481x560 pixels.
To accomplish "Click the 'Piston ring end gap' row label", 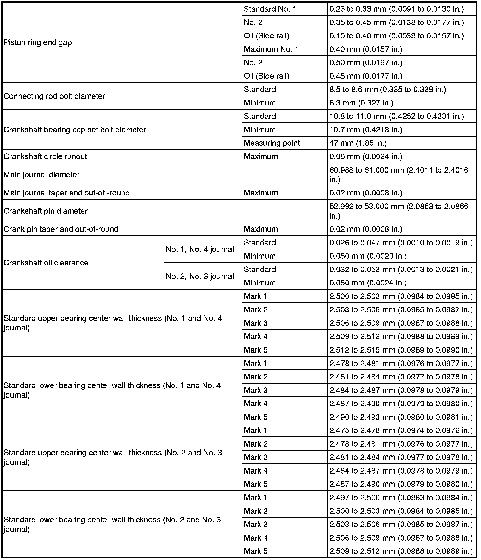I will coord(38,43).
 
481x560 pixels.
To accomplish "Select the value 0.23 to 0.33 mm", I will coord(396,9).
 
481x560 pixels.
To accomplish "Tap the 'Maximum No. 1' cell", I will coord(271,49).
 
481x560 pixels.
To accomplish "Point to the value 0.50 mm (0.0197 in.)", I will coord(365,63).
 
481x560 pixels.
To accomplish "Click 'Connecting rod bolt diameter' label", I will coord(54,96).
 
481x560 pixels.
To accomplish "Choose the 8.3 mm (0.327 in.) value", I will coord(361,103).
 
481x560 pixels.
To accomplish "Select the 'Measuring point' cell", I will coord(272,143).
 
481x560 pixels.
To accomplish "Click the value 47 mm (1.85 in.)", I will coord(358,143).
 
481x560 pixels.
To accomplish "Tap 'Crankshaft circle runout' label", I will coord(45,156).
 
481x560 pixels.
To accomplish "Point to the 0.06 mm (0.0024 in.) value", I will coord(365,156).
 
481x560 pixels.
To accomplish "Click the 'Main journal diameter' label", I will coord(41,175).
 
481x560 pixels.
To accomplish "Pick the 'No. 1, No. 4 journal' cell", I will coord(200,249).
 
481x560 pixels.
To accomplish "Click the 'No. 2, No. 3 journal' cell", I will coord(200,276).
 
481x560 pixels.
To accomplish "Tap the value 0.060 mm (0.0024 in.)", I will coord(368,283).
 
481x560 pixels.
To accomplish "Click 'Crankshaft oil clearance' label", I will coord(46,263).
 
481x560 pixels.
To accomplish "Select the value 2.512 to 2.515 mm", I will coord(401,350).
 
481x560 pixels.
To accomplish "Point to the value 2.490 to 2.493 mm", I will coord(401,417).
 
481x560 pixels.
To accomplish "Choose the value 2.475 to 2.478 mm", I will coord(401,430).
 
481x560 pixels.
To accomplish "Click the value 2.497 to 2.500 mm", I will coord(401,498).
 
